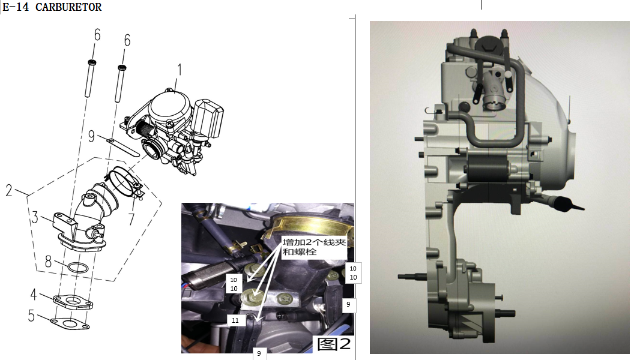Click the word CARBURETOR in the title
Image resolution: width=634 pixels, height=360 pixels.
coord(68,7)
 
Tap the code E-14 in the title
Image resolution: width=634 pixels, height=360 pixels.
coord(16,7)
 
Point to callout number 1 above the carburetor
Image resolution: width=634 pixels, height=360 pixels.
coord(179,70)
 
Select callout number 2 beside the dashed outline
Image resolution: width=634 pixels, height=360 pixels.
coord(9,190)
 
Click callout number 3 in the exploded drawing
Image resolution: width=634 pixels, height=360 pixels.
coord(35,217)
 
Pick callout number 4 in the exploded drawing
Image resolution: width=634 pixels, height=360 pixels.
coord(34,294)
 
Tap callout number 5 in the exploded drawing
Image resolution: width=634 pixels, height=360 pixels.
coord(31,315)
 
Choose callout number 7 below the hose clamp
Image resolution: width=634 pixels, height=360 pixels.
coord(131,218)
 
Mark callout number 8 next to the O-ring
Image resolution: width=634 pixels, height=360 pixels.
coord(48,262)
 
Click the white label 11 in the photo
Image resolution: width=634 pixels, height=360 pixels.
coord(235,320)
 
